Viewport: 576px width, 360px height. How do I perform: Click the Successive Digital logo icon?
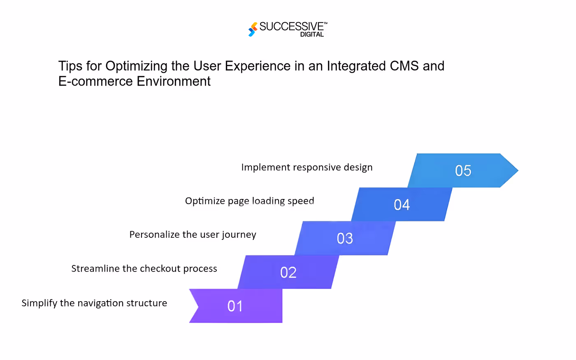[x=253, y=29]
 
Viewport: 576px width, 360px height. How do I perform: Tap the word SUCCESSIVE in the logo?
[x=292, y=26]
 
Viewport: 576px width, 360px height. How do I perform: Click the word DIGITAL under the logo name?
[x=312, y=35]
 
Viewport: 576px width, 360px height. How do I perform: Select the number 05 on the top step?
[x=463, y=170]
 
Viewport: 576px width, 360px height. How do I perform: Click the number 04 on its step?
[x=402, y=205]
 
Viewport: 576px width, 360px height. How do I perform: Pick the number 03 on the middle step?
[x=345, y=238]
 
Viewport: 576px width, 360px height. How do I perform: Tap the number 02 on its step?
[x=288, y=272]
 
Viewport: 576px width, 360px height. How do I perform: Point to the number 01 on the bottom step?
[x=235, y=306]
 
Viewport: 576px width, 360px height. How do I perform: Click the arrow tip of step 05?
[x=518, y=170]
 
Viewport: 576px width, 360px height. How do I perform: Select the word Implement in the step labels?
[x=265, y=168]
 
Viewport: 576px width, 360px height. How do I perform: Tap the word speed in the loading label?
[x=301, y=201]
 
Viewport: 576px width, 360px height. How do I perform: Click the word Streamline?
[x=95, y=268]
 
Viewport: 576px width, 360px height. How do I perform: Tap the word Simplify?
[x=39, y=304]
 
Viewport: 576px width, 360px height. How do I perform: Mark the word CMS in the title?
[x=404, y=66]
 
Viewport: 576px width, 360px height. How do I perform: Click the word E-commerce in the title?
[x=95, y=81]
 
